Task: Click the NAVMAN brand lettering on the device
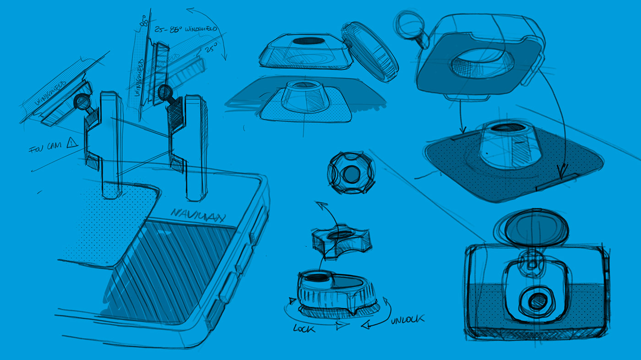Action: point(197,215)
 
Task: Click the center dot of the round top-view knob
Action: point(351,174)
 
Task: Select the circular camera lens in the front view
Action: point(534,301)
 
